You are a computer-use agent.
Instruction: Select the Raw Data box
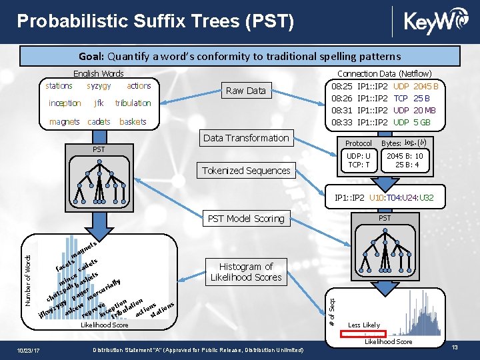(x=246, y=91)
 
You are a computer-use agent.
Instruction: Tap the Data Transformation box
(x=246, y=138)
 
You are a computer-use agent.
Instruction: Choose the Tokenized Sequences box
(x=247, y=171)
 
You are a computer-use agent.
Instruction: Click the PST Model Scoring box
(x=246, y=218)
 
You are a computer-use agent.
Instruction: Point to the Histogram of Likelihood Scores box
(x=246, y=271)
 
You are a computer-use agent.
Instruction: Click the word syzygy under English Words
(x=99, y=86)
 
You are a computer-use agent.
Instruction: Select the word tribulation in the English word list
(x=133, y=103)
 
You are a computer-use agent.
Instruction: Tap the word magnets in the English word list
(x=64, y=121)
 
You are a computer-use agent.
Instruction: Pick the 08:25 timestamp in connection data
(x=342, y=87)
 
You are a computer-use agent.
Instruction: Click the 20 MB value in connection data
(x=425, y=111)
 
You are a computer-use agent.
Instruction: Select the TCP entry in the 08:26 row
(x=401, y=99)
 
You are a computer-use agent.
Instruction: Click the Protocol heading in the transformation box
(x=359, y=144)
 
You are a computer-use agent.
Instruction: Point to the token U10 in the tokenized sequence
(x=377, y=198)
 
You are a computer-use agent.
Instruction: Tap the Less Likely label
(x=364, y=325)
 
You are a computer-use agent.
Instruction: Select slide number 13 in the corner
(x=455, y=349)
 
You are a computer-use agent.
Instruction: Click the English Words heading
(x=99, y=73)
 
